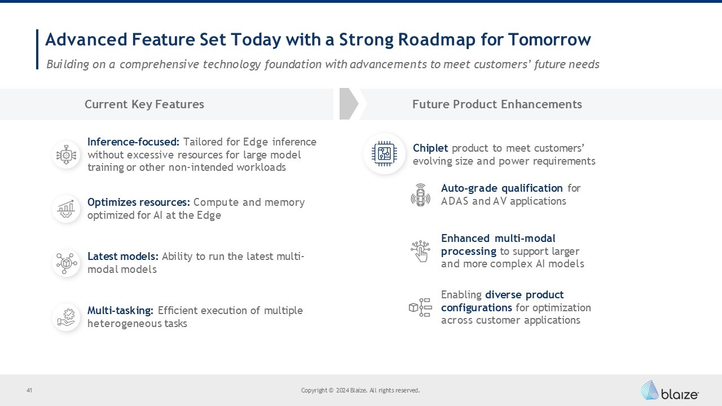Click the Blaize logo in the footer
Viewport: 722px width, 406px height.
pos(670,391)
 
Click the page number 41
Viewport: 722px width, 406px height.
pos(29,391)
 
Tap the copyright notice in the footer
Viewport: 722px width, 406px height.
pos(360,391)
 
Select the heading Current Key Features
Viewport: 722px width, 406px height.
pos(144,104)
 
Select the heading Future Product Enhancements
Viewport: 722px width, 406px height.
pos(497,104)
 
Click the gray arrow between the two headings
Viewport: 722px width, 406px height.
pos(349,104)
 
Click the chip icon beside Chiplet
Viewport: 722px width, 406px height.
pos(384,154)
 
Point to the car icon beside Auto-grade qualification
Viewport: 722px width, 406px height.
pos(420,195)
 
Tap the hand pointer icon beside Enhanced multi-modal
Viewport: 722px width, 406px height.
pos(421,251)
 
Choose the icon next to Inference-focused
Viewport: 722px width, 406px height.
pos(66,155)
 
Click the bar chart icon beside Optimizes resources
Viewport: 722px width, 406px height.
pos(66,209)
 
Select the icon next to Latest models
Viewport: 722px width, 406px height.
pos(66,263)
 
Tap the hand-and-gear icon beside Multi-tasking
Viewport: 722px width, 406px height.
pos(66,317)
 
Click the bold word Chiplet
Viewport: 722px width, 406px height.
pos(430,148)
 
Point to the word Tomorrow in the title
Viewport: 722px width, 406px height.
pos(549,39)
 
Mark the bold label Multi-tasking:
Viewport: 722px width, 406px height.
pos(121,311)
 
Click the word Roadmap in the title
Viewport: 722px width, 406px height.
pos(437,40)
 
